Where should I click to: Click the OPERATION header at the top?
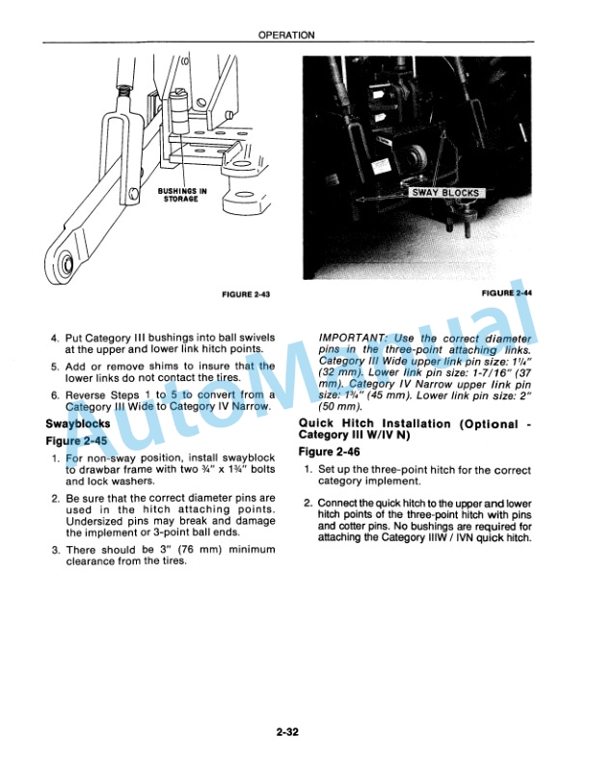(286, 35)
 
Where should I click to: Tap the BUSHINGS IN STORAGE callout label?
(181, 195)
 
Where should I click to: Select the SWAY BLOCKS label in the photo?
(445, 193)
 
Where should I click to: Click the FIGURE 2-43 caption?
(246, 294)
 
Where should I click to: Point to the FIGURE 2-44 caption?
(506, 293)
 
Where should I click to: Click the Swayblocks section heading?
(78, 423)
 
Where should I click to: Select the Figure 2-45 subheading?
(76, 441)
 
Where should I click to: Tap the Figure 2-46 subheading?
(329, 452)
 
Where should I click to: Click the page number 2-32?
(286, 731)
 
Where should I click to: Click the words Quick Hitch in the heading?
(335, 423)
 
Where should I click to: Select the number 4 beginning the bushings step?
(55, 338)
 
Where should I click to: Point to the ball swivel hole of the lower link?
(66, 264)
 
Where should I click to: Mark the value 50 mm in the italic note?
(339, 407)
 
